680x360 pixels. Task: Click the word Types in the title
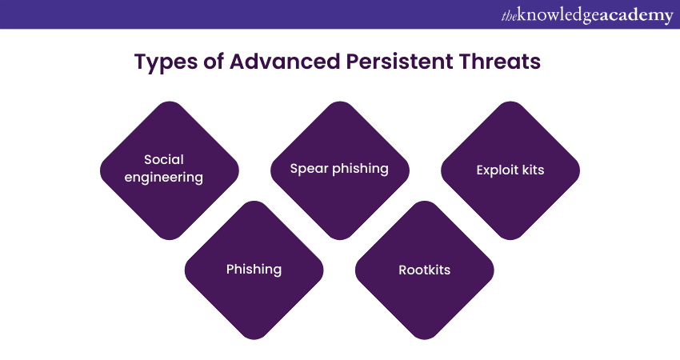(x=166, y=62)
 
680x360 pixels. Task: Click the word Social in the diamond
(x=164, y=159)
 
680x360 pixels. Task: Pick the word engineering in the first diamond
(x=163, y=178)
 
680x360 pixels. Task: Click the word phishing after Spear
(x=360, y=169)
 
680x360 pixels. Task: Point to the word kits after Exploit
(x=533, y=170)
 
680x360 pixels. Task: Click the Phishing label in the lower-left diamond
(x=254, y=270)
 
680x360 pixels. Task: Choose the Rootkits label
(x=425, y=270)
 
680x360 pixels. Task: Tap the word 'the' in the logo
(x=509, y=17)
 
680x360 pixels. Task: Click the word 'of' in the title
(x=213, y=61)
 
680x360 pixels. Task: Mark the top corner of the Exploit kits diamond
(x=510, y=102)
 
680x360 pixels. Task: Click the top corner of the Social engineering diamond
(x=170, y=102)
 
